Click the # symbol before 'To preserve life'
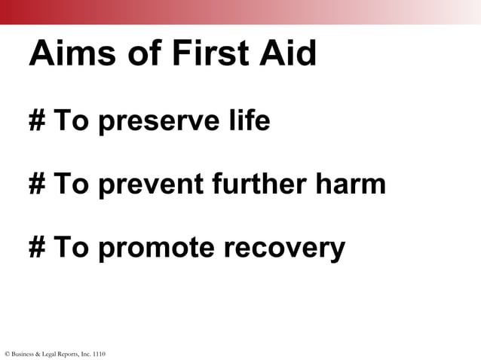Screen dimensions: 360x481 tap(37, 121)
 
